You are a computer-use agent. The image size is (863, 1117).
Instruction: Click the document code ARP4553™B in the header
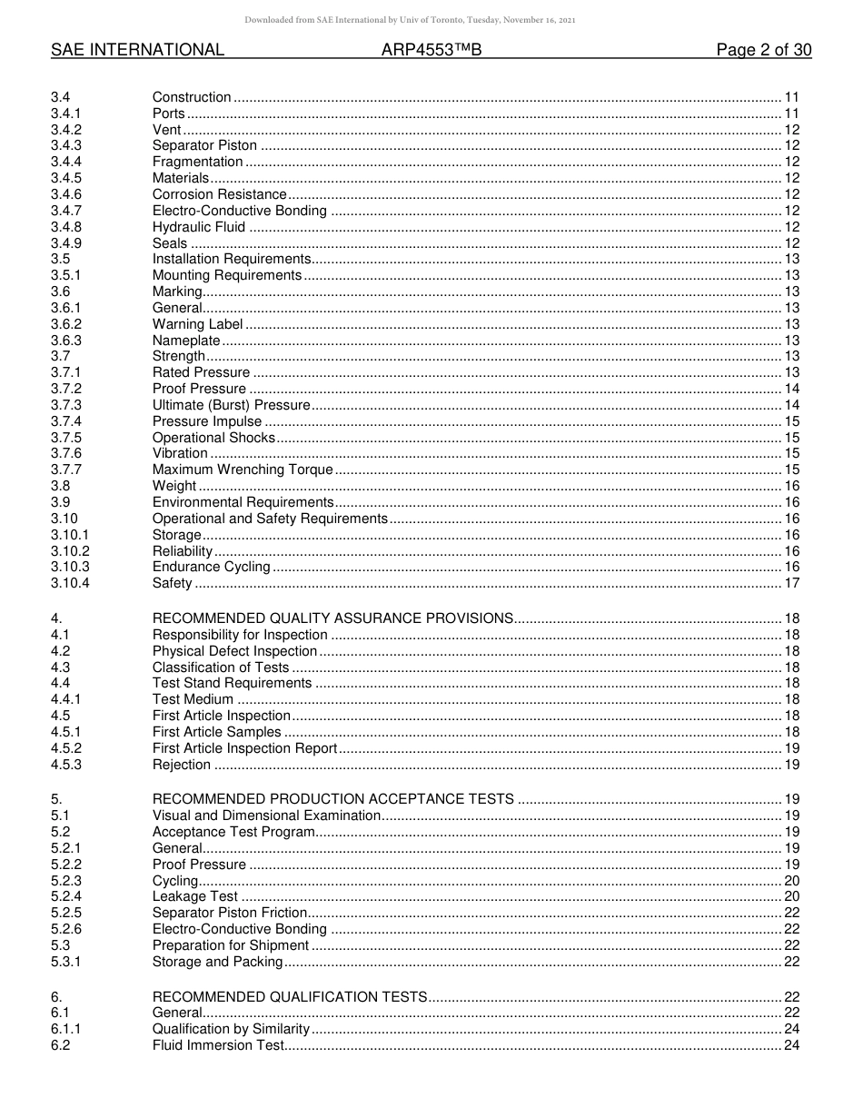[x=431, y=51]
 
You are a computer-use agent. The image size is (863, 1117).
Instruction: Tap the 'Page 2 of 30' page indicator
[x=763, y=51]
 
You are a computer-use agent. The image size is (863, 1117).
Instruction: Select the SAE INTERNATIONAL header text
[x=137, y=51]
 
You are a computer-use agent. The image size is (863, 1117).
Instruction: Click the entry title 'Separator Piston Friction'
[x=230, y=913]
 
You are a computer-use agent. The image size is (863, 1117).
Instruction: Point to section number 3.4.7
[x=66, y=211]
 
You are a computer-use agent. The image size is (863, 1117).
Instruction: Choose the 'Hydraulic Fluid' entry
[x=199, y=227]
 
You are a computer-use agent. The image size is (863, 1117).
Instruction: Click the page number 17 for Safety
[x=791, y=583]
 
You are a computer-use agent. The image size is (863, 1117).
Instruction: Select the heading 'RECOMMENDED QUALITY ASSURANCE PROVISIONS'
[x=332, y=618]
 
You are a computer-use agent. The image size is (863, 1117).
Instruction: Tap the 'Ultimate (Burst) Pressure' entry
[x=231, y=405]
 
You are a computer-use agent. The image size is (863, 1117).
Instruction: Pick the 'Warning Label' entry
[x=197, y=324]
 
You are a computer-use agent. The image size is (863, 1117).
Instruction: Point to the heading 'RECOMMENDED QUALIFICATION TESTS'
[x=290, y=997]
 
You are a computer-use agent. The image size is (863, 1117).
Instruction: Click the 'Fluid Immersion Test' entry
[x=218, y=1045]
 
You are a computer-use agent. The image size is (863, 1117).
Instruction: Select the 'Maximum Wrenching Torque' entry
[x=243, y=470]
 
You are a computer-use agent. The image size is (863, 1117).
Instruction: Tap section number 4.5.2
[x=66, y=748]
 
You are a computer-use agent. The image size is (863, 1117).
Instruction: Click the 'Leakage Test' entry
[x=194, y=896]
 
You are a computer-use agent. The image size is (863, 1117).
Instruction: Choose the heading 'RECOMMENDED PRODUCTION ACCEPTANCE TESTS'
[x=332, y=799]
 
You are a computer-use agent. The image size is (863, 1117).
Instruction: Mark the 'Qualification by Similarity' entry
[x=231, y=1029]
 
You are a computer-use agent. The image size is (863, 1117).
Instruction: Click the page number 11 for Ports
[x=791, y=114]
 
